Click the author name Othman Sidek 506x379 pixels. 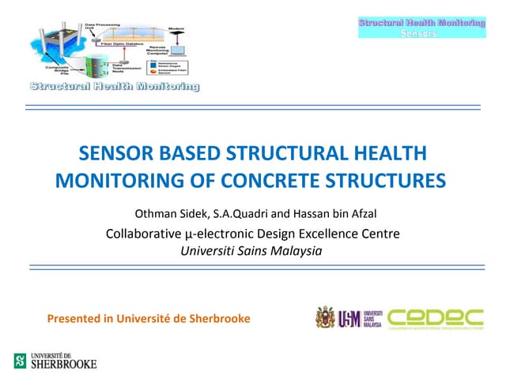(x=170, y=213)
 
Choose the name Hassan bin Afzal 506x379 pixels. (x=330, y=213)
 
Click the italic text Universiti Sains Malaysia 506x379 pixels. (x=252, y=250)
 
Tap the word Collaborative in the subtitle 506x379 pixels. (x=142, y=233)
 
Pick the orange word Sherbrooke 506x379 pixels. (x=221, y=319)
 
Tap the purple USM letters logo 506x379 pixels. (x=349, y=319)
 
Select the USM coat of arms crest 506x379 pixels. (x=324, y=318)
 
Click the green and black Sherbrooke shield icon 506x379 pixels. (x=20, y=361)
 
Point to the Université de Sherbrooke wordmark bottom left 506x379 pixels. (x=63, y=361)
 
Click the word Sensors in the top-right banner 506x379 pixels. (x=421, y=34)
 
